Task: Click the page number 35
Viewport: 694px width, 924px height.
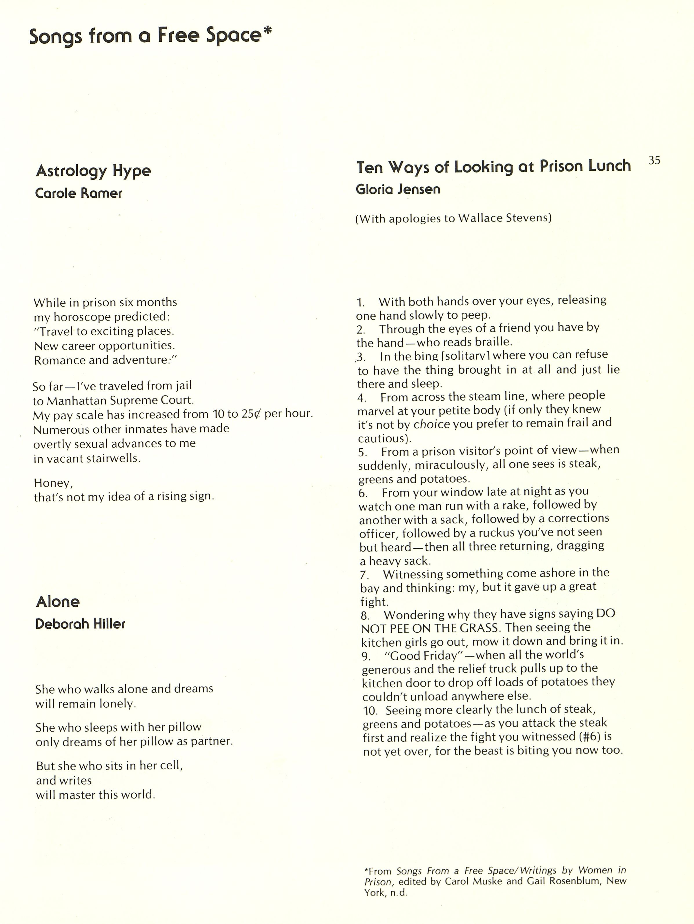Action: (654, 160)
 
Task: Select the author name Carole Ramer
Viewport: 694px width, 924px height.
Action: (79, 193)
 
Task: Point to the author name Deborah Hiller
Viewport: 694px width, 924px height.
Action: (80, 624)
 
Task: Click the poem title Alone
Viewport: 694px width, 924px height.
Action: (58, 602)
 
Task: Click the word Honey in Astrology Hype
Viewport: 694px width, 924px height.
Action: (53, 483)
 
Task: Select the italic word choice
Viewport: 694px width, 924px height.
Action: (431, 424)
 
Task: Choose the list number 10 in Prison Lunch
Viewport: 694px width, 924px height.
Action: (370, 711)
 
